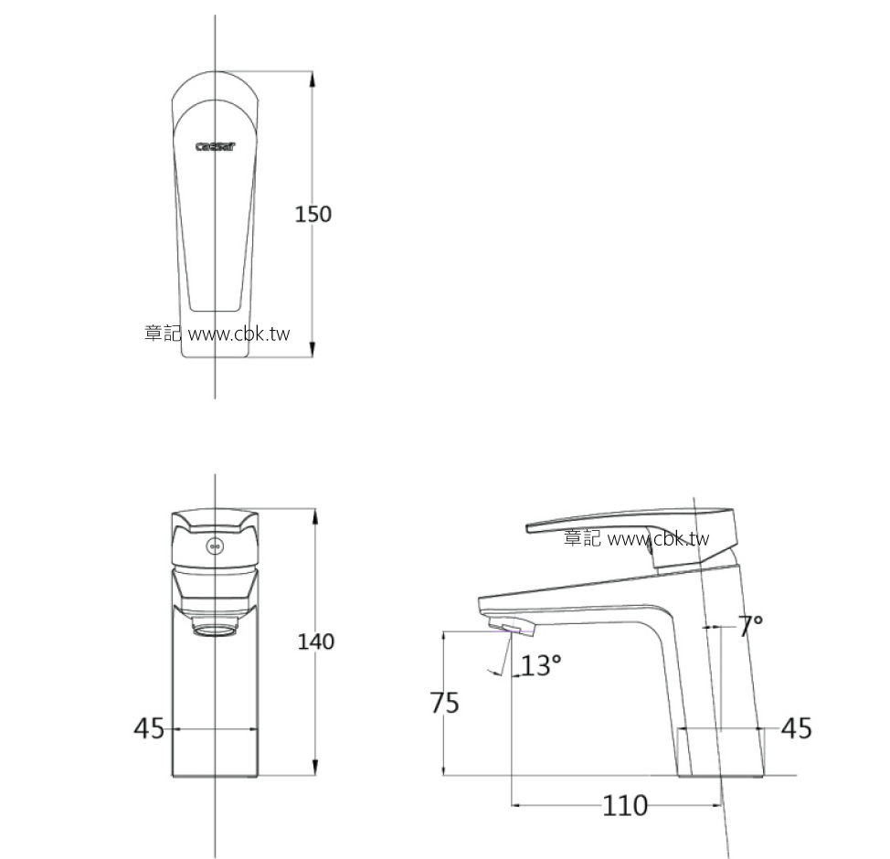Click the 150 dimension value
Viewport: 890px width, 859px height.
point(313,214)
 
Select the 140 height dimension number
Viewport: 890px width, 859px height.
point(316,642)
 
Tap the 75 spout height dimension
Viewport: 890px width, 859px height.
point(445,703)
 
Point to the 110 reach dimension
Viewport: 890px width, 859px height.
point(625,805)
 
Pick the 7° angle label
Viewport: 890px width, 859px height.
point(750,626)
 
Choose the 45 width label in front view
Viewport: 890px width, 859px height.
point(149,728)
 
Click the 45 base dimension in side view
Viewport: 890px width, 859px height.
point(797,728)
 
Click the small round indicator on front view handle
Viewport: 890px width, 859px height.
point(216,547)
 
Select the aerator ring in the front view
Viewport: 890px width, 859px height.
point(216,629)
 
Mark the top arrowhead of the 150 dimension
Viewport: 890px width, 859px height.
point(313,78)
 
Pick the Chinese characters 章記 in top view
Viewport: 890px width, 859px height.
point(163,334)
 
